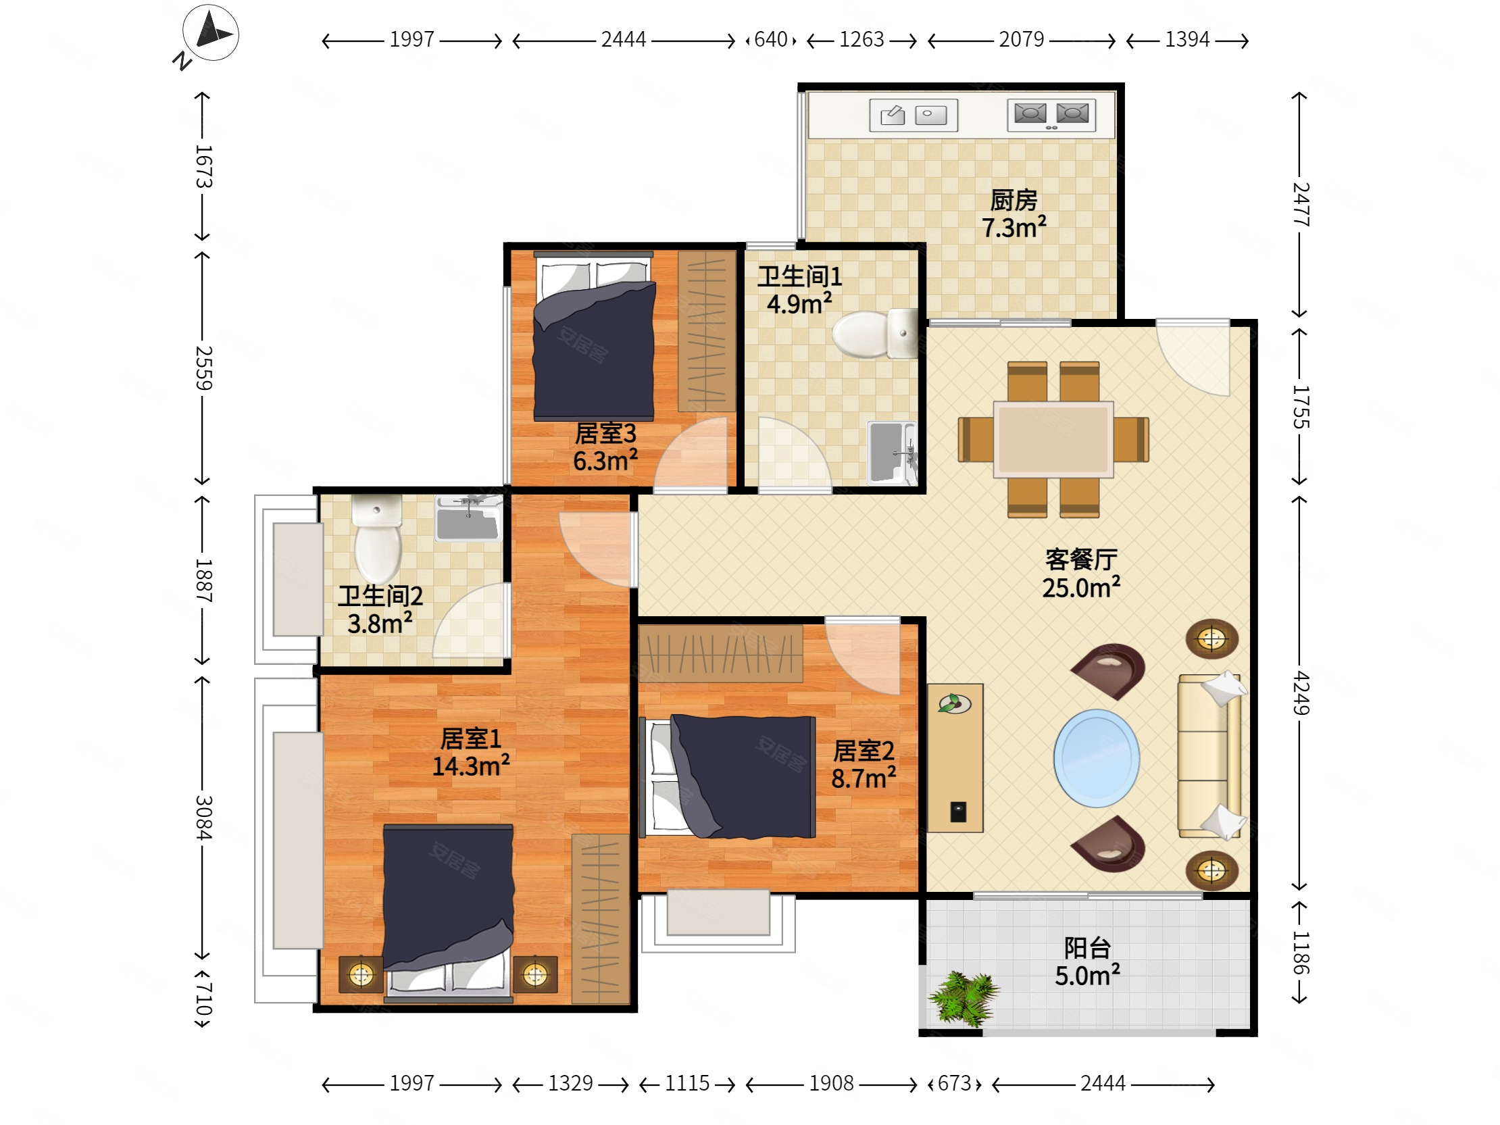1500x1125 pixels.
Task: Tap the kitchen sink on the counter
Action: coord(914,115)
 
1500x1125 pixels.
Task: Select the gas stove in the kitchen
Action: coord(1051,115)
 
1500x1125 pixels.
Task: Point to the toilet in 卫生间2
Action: coord(378,539)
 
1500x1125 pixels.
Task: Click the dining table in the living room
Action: coord(1053,439)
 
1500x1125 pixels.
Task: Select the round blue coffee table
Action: coord(1097,758)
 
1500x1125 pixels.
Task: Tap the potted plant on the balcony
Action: coord(964,997)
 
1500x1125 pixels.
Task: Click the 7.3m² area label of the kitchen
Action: coord(1014,228)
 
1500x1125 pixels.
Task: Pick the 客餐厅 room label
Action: coord(1081,559)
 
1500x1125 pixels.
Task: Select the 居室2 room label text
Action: coord(864,751)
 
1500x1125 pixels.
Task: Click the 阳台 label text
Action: coord(1087,948)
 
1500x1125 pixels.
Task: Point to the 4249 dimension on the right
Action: coord(1300,693)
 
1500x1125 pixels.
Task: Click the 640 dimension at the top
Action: coord(770,39)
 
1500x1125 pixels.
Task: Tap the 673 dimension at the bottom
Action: coord(955,1083)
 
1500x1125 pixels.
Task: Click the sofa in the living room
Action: coord(1209,756)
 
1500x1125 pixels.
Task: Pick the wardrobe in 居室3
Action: coord(707,332)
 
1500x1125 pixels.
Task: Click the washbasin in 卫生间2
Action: coord(468,518)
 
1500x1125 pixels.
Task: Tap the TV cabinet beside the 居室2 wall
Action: coord(955,757)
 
